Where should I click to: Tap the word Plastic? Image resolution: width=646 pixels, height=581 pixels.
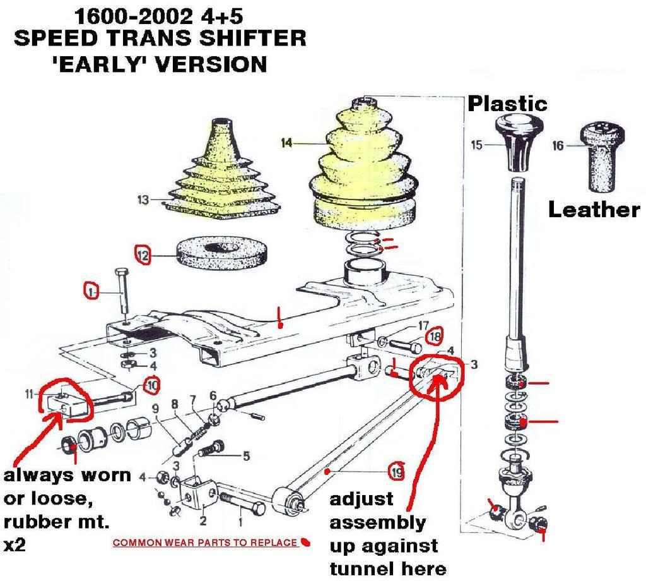(507, 103)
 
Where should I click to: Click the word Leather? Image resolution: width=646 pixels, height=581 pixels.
(593, 210)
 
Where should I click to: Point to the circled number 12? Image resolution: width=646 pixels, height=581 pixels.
(143, 255)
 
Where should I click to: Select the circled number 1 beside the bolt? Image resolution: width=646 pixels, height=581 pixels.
(92, 291)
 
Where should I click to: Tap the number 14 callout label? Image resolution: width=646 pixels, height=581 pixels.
(288, 144)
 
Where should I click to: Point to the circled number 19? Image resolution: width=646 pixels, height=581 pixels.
(396, 471)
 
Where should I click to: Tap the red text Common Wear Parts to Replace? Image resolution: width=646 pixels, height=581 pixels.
(204, 542)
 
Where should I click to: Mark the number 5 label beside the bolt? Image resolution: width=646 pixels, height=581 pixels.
(245, 455)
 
